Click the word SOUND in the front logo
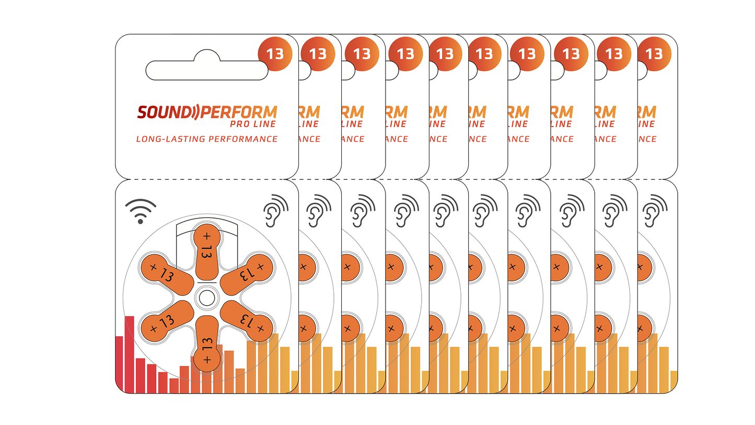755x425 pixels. click(161, 112)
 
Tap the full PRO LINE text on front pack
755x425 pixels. click(253, 124)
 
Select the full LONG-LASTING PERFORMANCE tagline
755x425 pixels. click(206, 139)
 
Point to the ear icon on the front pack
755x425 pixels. click(275, 210)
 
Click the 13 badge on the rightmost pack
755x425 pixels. click(654, 54)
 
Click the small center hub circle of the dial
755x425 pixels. click(206, 298)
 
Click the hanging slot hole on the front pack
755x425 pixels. click(207, 70)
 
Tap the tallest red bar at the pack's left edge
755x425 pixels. click(129, 354)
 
